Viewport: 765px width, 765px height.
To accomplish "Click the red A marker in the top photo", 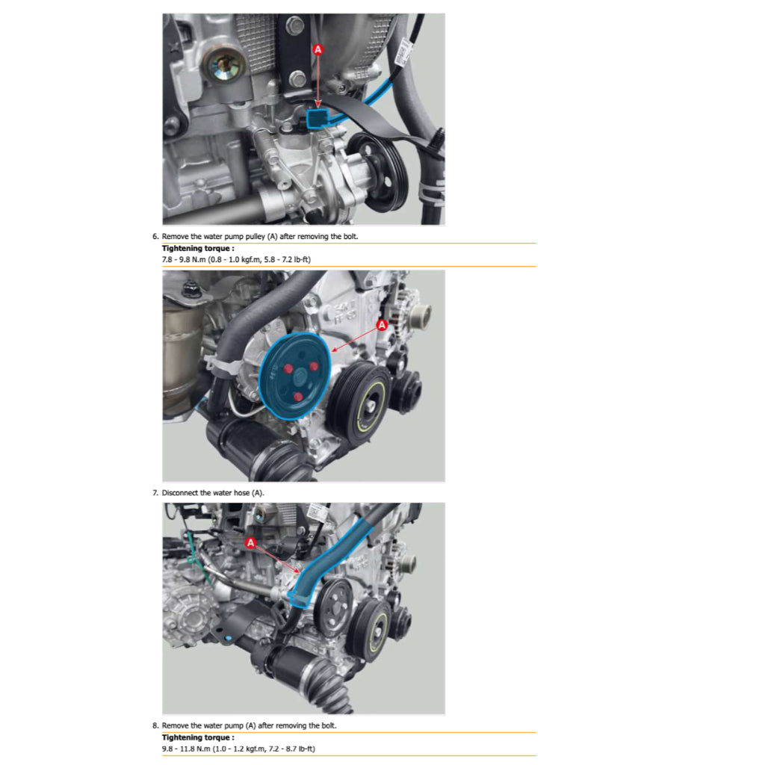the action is pyautogui.click(x=318, y=49).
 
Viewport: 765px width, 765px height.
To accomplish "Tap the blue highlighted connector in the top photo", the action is pyautogui.click(x=317, y=119).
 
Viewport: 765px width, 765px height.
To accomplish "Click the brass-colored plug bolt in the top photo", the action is pyautogui.click(x=225, y=65).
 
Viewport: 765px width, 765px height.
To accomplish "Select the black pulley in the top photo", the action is pyautogui.click(x=379, y=171).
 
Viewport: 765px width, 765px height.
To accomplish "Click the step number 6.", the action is pyautogui.click(x=155, y=237).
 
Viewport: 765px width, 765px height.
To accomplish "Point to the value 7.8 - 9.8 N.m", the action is pyautogui.click(x=184, y=259).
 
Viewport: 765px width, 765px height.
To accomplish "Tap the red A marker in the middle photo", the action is pyautogui.click(x=382, y=325).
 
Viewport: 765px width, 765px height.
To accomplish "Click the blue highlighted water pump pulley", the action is pyautogui.click(x=294, y=377).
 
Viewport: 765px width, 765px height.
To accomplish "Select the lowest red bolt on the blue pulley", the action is pyautogui.click(x=297, y=397).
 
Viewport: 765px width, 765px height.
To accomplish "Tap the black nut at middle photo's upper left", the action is pyautogui.click(x=191, y=290).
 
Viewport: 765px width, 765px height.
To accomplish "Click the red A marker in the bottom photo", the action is pyautogui.click(x=251, y=542).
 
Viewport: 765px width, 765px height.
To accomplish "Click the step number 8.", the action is pyautogui.click(x=155, y=725).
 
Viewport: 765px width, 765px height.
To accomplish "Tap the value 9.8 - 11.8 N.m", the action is pyautogui.click(x=186, y=749).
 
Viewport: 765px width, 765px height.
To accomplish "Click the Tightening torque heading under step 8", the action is pyautogui.click(x=198, y=737).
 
